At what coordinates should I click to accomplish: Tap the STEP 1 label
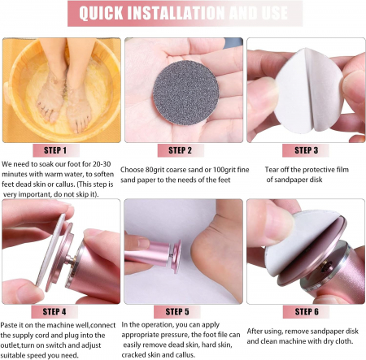(55, 150)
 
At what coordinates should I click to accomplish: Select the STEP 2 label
(180, 150)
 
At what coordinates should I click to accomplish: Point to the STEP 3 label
(307, 150)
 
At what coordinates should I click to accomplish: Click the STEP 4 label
(54, 312)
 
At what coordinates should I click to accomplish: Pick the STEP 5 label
(177, 312)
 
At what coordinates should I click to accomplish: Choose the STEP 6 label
(307, 312)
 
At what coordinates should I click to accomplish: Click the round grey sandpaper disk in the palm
(185, 93)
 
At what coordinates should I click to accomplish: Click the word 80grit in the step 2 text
(155, 170)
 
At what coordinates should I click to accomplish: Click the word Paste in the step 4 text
(8, 325)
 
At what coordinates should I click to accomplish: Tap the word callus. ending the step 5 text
(185, 355)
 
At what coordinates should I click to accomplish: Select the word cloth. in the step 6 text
(344, 341)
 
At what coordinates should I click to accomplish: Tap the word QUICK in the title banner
(101, 13)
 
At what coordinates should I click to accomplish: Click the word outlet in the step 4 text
(10, 345)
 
